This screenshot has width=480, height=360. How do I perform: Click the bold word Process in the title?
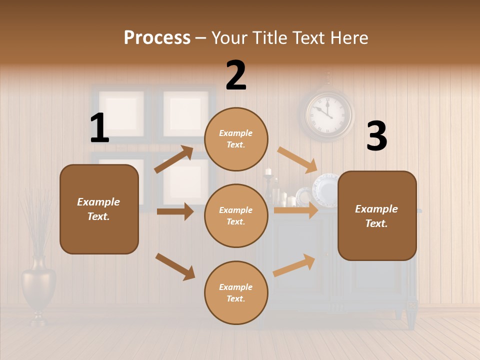pos(157,38)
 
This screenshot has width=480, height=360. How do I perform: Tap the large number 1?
pos(99,128)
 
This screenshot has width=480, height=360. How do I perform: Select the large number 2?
pos(236,75)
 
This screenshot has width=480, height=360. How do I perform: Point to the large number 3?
pos(376,136)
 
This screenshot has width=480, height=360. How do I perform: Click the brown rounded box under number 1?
pos(99,209)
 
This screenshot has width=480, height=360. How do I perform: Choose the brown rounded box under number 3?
pos(377,215)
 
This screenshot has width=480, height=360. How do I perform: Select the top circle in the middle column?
pos(236,139)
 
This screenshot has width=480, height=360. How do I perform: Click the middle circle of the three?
pos(236,215)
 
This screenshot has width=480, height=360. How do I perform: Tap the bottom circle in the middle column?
pos(236,292)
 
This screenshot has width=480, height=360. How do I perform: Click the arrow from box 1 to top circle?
pos(174,159)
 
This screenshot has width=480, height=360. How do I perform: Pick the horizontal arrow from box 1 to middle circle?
pos(175,211)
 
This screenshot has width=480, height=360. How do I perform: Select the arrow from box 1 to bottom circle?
pos(175,266)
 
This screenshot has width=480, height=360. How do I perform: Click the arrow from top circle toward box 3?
pos(297,159)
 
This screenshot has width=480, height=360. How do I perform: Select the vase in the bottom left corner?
pos(38,285)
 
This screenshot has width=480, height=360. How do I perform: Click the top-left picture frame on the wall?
pos(121,112)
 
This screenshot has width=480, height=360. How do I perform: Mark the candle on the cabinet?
pos(268,172)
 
